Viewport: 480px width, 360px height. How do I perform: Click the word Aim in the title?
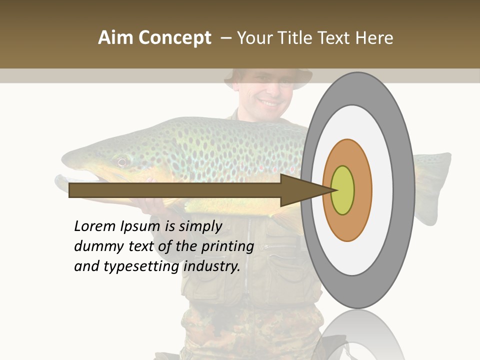pos(116,38)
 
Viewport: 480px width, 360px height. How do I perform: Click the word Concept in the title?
pos(174,38)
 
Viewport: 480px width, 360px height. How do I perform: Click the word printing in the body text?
pos(228,246)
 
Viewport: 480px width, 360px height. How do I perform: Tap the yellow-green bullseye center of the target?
pos(342,190)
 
